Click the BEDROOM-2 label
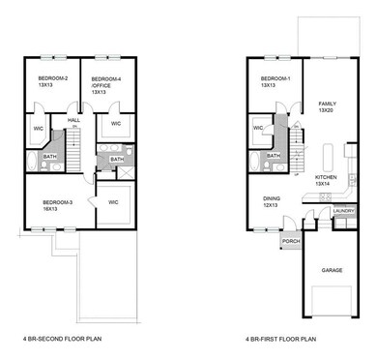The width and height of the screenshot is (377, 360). point(52,79)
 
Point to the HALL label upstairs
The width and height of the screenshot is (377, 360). point(72,121)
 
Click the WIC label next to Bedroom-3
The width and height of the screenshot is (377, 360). point(113,201)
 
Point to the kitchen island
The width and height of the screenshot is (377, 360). point(326,155)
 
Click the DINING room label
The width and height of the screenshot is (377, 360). point(273,200)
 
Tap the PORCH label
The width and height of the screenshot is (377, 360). point(290,241)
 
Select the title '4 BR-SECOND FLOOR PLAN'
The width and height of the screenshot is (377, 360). point(61,340)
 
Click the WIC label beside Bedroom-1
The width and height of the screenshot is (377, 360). point(257,126)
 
